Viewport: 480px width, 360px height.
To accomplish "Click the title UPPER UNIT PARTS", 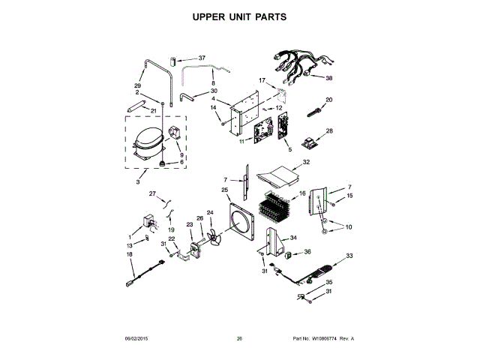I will [x=239, y=16].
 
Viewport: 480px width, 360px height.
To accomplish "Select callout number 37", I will [x=202, y=58].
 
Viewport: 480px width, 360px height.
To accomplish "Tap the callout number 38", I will [x=328, y=78].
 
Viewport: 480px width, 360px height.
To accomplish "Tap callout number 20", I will [x=328, y=100].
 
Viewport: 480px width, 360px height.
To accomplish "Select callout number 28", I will [x=328, y=130].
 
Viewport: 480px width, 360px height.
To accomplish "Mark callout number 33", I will [x=349, y=256].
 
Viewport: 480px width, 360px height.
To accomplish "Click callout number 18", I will [x=129, y=256].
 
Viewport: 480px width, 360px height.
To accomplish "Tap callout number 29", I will [x=138, y=86].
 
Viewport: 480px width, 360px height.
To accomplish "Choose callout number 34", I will [x=294, y=238].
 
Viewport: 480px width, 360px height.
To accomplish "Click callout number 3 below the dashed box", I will [x=137, y=182].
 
